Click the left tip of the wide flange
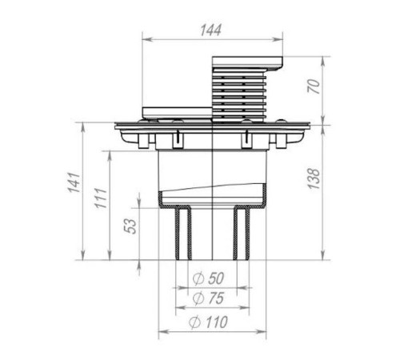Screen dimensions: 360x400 click(x=117, y=126)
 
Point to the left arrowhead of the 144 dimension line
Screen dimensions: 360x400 click(x=145, y=38)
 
